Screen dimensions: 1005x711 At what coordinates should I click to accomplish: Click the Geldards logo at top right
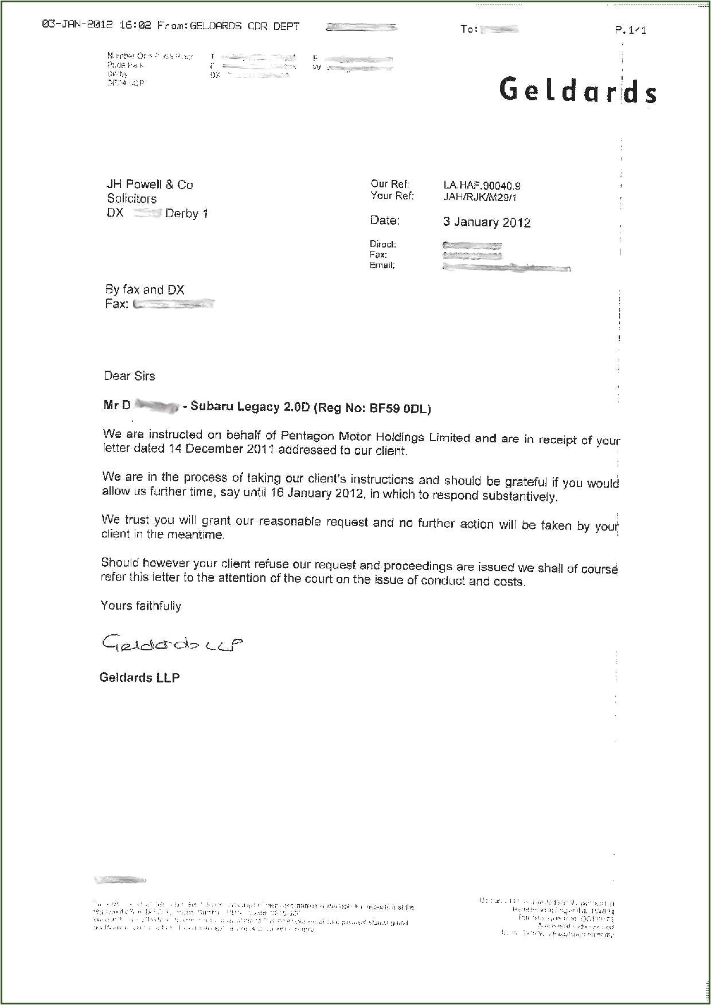click(x=577, y=91)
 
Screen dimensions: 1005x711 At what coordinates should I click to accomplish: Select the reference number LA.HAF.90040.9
click(x=482, y=186)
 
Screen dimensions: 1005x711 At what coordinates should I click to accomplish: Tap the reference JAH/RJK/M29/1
click(x=480, y=198)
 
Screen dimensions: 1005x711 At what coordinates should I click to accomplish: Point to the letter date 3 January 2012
click(x=486, y=222)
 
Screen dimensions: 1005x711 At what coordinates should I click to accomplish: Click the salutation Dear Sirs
click(x=129, y=376)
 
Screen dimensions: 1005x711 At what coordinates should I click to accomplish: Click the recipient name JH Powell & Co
click(x=150, y=184)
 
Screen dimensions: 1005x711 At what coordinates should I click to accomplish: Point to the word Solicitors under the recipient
click(x=131, y=199)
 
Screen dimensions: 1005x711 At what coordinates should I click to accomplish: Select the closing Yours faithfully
click(x=140, y=606)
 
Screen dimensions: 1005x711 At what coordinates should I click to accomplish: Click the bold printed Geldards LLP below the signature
click(x=139, y=677)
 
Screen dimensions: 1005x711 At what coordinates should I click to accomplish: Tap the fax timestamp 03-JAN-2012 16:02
click(x=96, y=25)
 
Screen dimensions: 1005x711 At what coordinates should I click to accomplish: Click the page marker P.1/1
click(x=630, y=30)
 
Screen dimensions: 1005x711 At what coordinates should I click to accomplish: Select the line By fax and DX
click(x=144, y=290)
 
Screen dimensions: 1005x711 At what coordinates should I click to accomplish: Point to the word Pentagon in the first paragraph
click(x=304, y=436)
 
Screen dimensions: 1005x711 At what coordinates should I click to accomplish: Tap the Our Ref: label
click(x=390, y=184)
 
